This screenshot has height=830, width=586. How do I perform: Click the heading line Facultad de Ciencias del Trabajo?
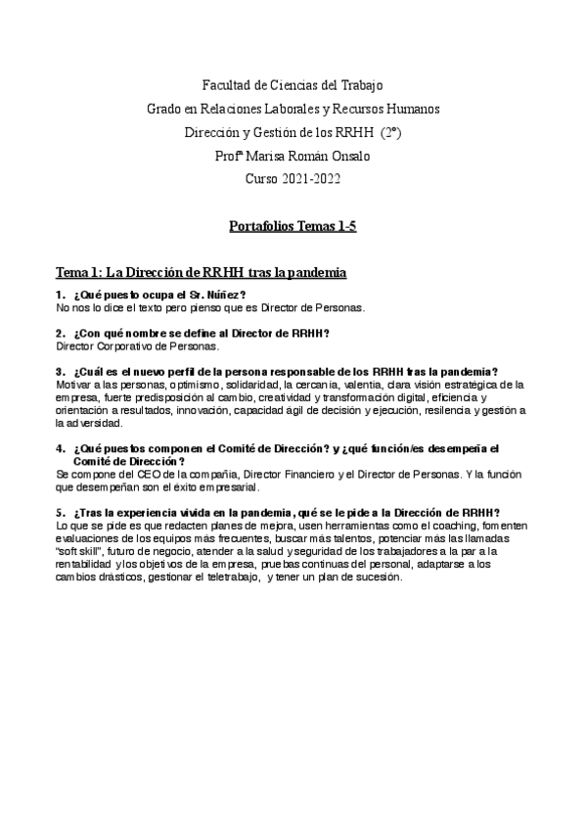click(292, 85)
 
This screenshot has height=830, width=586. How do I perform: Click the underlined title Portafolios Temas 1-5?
click(292, 227)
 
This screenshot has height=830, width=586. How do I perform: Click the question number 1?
click(61, 296)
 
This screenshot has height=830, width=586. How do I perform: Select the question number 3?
click(61, 371)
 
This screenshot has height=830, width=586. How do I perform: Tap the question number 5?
click(61, 513)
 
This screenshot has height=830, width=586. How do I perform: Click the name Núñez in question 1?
click(222, 296)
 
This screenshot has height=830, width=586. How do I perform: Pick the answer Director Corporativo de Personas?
click(138, 346)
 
